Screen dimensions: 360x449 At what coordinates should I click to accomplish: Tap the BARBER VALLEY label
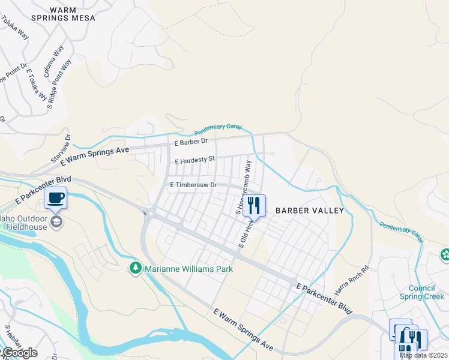310,211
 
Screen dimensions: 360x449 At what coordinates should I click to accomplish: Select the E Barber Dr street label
190,142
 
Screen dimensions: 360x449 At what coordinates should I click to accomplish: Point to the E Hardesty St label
194,161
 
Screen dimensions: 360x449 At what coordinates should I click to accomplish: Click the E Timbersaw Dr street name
193,185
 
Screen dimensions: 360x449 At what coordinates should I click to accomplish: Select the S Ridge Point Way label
60,83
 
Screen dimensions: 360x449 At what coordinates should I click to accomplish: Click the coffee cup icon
56,197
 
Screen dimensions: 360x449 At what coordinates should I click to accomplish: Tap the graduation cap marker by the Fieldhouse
56,223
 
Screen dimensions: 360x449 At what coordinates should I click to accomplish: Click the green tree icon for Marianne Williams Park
136,268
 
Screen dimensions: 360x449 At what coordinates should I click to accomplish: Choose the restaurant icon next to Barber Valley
254,205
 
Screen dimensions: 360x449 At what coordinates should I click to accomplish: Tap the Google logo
19,353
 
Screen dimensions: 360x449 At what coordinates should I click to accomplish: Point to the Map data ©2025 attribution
423,355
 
